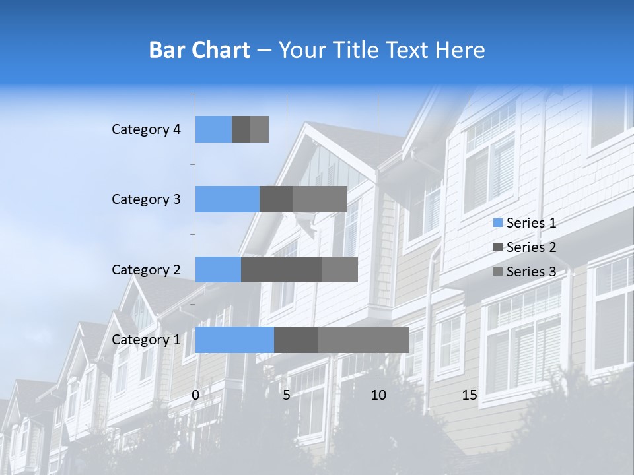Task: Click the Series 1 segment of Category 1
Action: tap(234, 340)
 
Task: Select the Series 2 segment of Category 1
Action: tap(296, 340)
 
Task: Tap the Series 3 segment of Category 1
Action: tap(363, 340)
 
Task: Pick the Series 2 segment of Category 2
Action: tap(281, 269)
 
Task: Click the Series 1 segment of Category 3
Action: tap(227, 199)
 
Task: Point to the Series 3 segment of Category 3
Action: tap(320, 199)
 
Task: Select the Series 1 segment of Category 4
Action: tap(213, 129)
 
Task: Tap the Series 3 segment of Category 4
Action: tap(260, 129)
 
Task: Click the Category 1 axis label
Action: tap(146, 340)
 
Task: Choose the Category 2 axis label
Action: tap(146, 269)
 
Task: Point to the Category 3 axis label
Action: tap(146, 199)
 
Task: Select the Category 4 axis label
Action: tap(146, 129)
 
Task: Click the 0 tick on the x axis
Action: tap(195, 395)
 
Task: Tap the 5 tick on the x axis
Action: tap(287, 395)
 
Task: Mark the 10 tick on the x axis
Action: tap(378, 395)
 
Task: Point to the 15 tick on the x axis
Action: tap(470, 395)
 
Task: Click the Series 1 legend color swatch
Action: tap(497, 223)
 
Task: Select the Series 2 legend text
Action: tap(531, 247)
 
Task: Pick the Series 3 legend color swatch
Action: tap(497, 272)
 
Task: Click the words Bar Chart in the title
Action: tap(199, 49)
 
